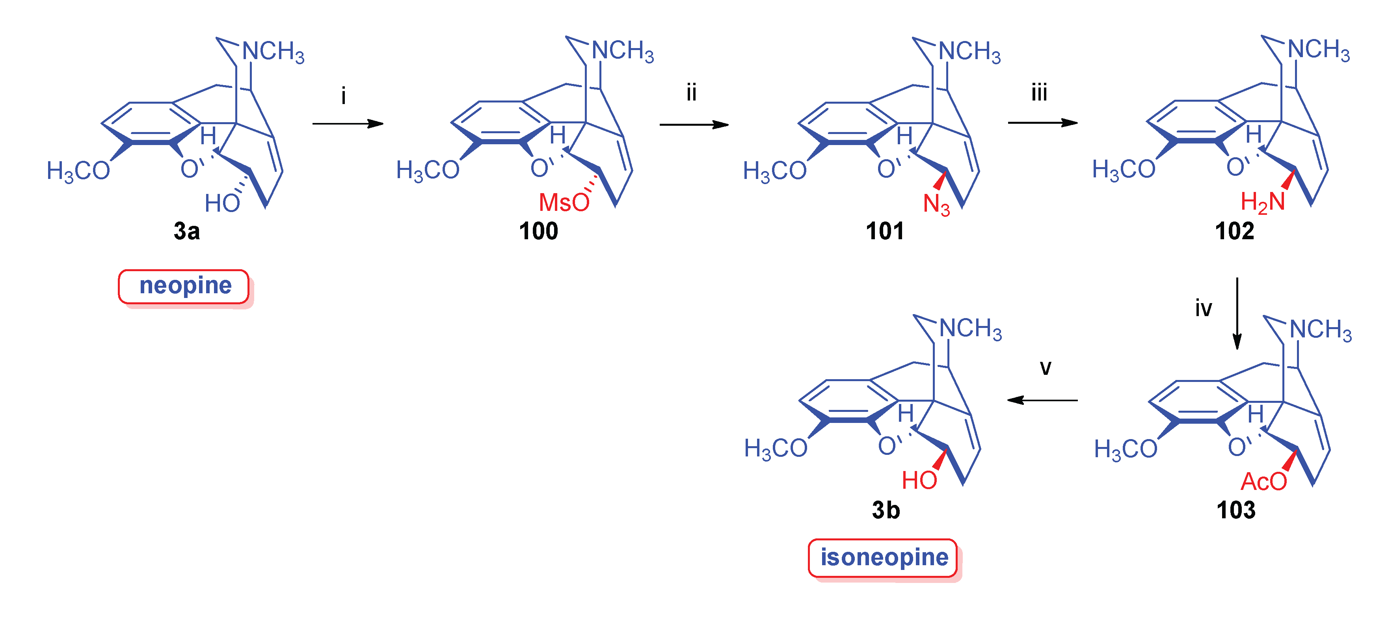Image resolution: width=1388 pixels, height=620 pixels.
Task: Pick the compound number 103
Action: pyautogui.click(x=1235, y=510)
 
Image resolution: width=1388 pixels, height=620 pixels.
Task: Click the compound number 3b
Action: pyautogui.click(x=886, y=510)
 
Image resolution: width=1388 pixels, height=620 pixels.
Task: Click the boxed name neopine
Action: pyautogui.click(x=185, y=286)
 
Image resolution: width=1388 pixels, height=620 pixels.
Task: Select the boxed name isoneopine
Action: pyautogui.click(x=884, y=557)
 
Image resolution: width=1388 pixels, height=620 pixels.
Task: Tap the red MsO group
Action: pyautogui.click(x=564, y=203)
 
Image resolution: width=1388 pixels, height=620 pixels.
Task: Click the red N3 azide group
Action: pyautogui.click(x=936, y=205)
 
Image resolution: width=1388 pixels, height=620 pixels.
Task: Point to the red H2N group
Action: pyautogui.click(x=1262, y=203)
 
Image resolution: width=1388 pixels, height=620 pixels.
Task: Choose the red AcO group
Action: pyautogui.click(x=1263, y=481)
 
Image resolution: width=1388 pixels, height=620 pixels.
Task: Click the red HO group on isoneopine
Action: pyautogui.click(x=919, y=480)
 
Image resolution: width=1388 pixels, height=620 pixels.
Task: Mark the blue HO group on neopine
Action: pyautogui.click(x=222, y=204)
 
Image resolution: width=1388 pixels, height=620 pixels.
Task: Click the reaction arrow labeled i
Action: pyautogui.click(x=348, y=124)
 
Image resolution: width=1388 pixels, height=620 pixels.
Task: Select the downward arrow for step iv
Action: pyautogui.click(x=1237, y=313)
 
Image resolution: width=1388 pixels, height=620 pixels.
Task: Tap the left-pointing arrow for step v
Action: pyautogui.click(x=1043, y=400)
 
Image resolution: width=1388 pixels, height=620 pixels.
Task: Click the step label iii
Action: pyautogui.click(x=1039, y=93)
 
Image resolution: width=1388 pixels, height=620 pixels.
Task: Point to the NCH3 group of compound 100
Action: pyautogui.click(x=622, y=51)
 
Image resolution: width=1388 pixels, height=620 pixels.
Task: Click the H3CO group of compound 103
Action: pyautogui.click(x=1125, y=449)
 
